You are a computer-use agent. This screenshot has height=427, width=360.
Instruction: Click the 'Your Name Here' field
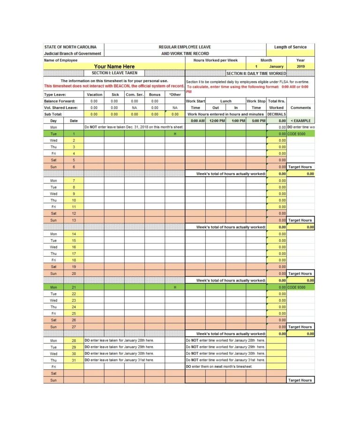pos(114,67)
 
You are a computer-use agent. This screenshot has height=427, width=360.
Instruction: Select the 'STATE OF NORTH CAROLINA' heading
pos(70,47)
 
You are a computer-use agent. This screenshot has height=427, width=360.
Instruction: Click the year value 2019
pos(300,67)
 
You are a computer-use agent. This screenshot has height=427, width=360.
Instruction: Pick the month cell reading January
pos(276,67)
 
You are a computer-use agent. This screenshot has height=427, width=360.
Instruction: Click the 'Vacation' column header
pos(94,94)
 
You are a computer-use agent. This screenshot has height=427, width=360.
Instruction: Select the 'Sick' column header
pos(114,94)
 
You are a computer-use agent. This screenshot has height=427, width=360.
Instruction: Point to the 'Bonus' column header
pos(154,94)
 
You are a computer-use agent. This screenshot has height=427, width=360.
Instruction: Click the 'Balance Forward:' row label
pos(60,101)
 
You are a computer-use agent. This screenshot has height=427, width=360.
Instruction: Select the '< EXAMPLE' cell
pos(300,121)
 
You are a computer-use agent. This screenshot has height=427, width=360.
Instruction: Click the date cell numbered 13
pos(74,220)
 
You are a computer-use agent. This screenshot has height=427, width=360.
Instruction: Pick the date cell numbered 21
pos(74,287)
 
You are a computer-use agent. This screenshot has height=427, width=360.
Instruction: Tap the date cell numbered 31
pos(74,360)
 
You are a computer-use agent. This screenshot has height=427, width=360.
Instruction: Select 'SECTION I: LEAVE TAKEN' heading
pos(114,73)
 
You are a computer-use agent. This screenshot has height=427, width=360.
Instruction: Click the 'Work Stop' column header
pos(256,101)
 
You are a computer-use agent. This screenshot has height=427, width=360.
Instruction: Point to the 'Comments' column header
pos(300,107)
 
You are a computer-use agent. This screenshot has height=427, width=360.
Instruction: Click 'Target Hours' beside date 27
pos(300,327)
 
